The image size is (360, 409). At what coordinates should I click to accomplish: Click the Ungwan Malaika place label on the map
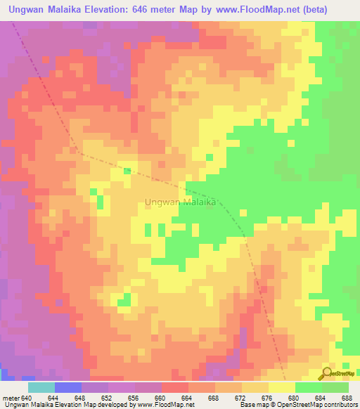pos(182,202)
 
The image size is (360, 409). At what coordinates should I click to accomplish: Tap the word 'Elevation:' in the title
pos(123,10)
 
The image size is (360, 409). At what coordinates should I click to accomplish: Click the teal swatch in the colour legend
pos(41,387)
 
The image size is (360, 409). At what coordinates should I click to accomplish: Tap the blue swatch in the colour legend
pos(68,387)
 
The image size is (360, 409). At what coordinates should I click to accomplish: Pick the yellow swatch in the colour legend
pos(282,387)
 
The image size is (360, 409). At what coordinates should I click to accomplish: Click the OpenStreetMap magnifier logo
pos(326,373)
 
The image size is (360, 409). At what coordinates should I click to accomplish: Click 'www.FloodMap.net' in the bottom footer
pos(167,405)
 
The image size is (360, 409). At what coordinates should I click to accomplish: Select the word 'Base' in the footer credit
pos(245,405)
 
